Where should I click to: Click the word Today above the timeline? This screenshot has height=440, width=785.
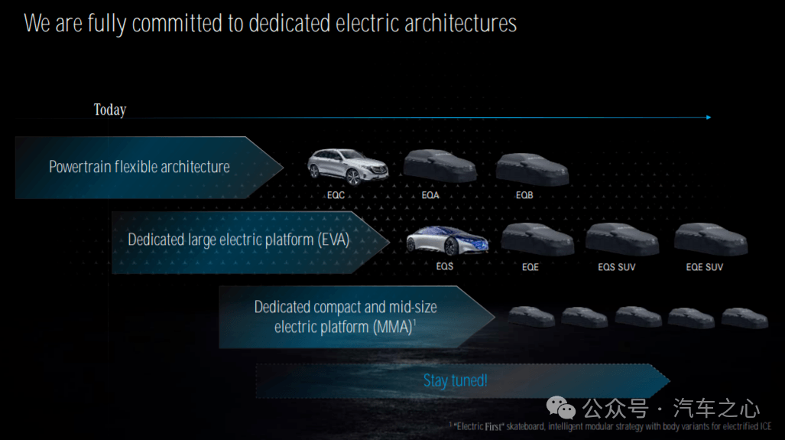[x=109, y=109]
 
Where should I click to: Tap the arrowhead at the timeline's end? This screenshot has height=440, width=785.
[x=709, y=117]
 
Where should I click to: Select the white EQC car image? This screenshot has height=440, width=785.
[x=348, y=167]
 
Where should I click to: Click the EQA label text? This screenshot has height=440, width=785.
[x=430, y=195]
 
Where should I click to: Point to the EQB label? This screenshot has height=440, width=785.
[x=524, y=195]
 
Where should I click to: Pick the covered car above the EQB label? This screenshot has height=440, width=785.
[x=532, y=169]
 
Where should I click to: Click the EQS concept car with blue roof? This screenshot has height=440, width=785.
[x=446, y=240]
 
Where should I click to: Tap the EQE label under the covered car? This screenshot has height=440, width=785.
[x=530, y=267]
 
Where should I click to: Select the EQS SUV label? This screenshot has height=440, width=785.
[x=616, y=267]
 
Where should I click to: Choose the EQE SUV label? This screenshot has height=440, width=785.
[x=705, y=267]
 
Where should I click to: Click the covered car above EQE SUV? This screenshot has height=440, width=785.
[x=710, y=239]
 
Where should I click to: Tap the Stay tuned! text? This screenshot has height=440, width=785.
[x=455, y=381]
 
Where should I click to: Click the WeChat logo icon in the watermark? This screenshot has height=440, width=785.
[x=561, y=407]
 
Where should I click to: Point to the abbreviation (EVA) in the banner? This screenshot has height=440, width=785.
[x=333, y=240]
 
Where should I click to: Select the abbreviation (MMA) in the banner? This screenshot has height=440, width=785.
[x=394, y=328]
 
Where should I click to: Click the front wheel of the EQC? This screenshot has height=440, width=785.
[x=354, y=177]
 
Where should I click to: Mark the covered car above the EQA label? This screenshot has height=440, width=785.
[x=440, y=166]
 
